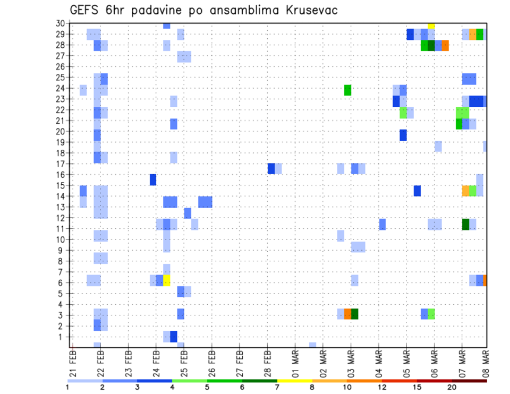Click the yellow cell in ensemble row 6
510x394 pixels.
point(167,280)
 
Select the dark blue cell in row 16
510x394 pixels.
point(153,179)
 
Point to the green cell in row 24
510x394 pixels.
point(347,90)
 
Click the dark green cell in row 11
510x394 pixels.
point(465,224)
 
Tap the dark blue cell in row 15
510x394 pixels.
point(417,191)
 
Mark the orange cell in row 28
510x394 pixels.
point(445,46)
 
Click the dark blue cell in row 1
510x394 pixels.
point(174,337)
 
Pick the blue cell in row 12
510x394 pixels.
point(188,213)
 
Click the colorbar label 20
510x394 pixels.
point(452,387)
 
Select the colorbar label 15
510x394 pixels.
point(417,387)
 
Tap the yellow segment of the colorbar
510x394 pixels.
point(295,380)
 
